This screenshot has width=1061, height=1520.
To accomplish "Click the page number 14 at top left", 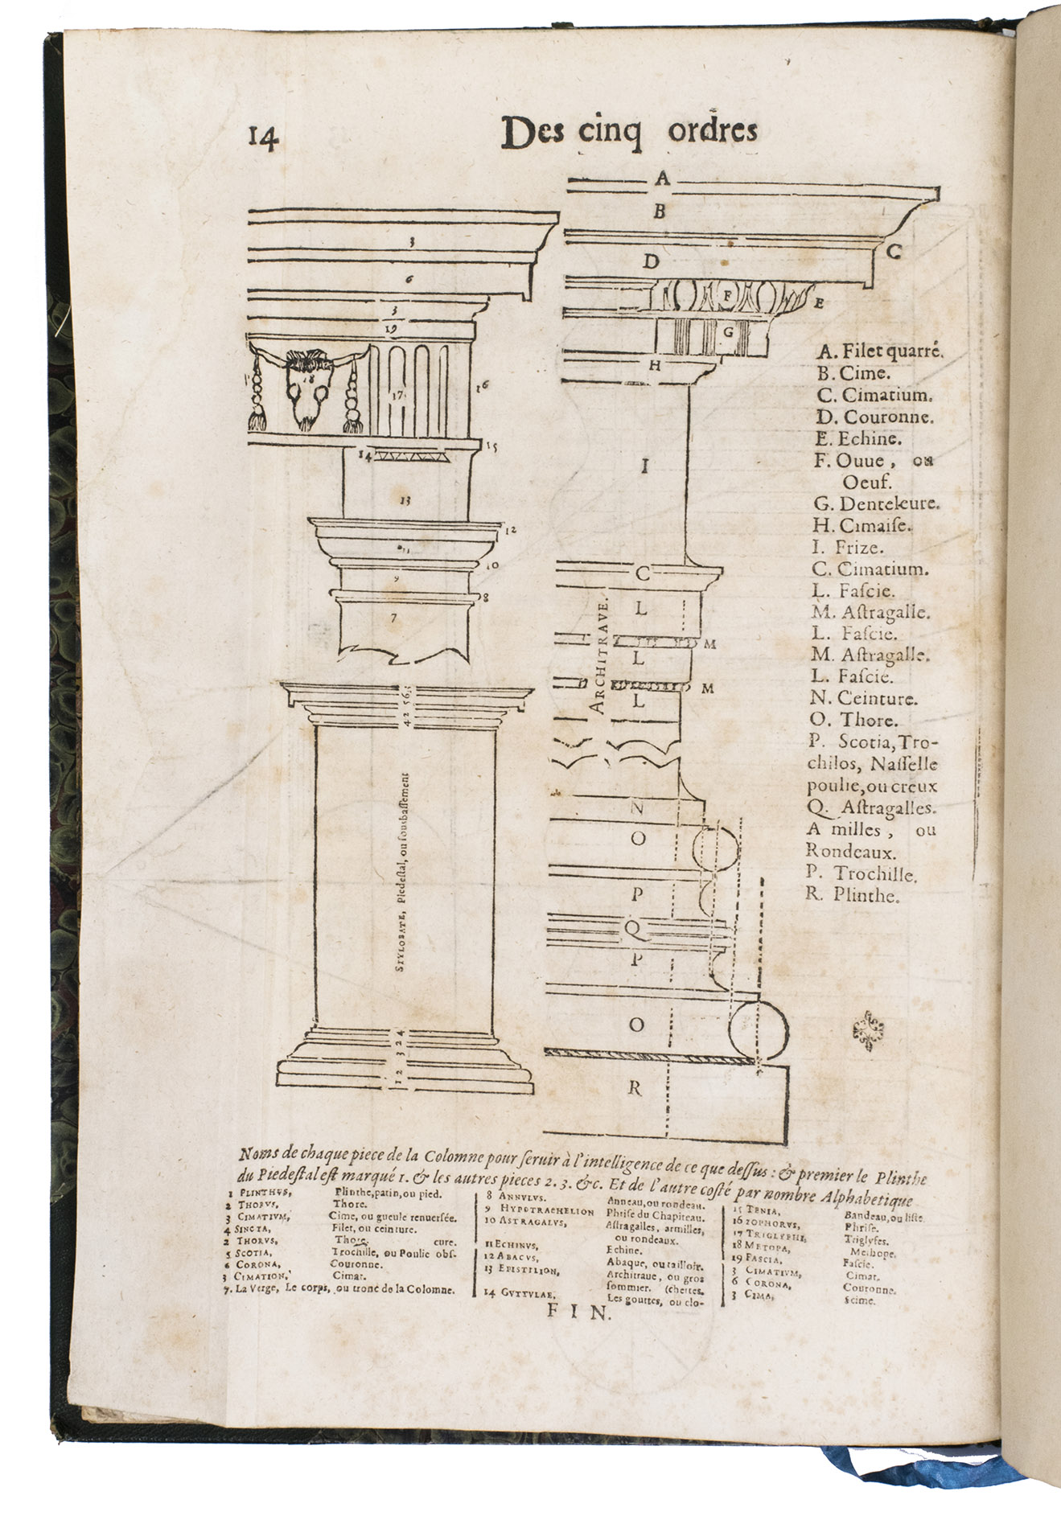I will coord(264,138).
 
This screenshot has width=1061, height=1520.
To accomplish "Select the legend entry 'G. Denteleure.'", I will coord(877,504).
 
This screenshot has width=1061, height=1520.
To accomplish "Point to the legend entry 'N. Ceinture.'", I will coord(865,699).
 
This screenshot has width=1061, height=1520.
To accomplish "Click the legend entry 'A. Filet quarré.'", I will coord(879,351).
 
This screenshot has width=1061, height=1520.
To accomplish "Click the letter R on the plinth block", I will coord(635,1089).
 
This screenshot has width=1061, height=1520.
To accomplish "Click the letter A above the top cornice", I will coord(662,179).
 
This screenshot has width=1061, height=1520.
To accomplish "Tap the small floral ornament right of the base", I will coord(867,1030).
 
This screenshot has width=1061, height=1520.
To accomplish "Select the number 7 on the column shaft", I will coord(393,618).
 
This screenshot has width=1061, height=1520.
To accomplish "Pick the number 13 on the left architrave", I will coord(405,500).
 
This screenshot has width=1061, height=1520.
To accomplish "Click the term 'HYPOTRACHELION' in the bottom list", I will coord(546,1210).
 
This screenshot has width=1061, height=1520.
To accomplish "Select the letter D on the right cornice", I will coord(651,261).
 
